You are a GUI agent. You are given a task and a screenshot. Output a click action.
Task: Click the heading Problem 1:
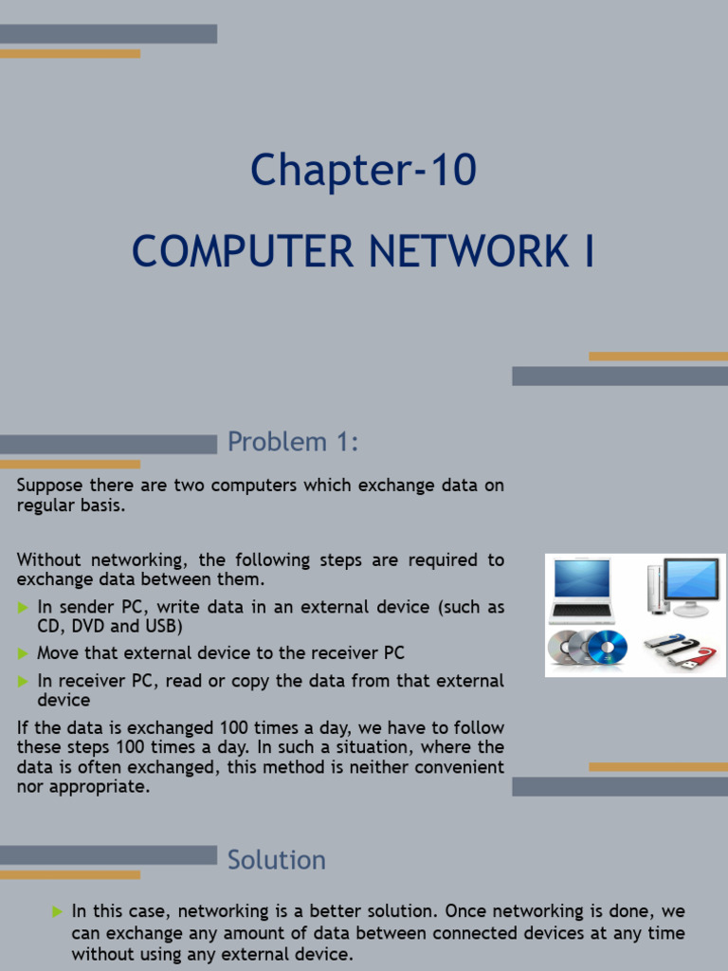coord(293,442)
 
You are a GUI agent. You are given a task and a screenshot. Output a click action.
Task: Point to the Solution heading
coord(277,860)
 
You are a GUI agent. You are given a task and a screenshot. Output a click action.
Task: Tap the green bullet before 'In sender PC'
coord(23,607)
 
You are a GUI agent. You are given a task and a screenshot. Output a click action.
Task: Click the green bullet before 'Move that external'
coord(23,653)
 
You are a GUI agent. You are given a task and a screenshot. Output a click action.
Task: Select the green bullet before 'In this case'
coord(57,912)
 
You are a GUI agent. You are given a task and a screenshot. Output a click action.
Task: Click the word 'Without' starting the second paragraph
coord(47,560)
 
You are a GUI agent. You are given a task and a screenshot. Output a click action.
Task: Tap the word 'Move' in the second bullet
coord(56,653)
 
